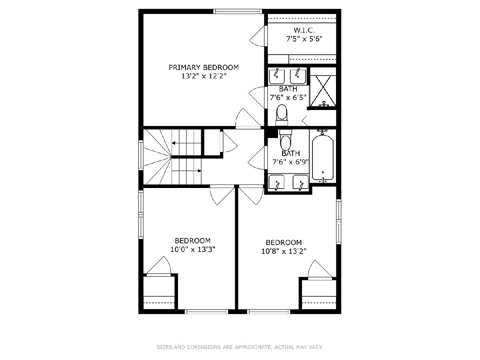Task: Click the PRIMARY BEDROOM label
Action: tap(204, 68)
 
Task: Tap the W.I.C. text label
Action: tap(304, 30)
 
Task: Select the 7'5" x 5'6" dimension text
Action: tap(304, 39)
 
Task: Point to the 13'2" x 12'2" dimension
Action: tap(204, 76)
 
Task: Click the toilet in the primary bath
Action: tap(282, 115)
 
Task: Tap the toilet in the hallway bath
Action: tap(286, 140)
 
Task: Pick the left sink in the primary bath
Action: tap(277, 76)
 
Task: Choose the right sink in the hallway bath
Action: tap(300, 182)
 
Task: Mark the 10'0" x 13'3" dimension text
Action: tap(193, 249)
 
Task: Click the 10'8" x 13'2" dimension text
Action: tap(284, 251)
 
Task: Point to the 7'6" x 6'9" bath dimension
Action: tap(291, 162)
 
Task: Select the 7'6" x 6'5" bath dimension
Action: tap(288, 97)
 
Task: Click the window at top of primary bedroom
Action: tap(238, 11)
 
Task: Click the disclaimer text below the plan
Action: tap(240, 347)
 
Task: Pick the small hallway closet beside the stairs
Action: tap(212, 142)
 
